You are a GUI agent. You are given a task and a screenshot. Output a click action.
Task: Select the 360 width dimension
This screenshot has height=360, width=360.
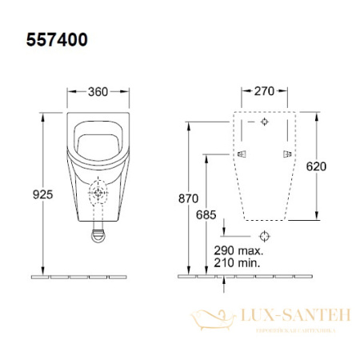click(x=98, y=90)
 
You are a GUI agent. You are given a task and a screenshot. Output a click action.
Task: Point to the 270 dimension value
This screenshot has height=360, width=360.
click(x=263, y=90)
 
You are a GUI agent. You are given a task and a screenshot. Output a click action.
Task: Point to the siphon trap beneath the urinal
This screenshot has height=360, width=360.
click(x=98, y=234)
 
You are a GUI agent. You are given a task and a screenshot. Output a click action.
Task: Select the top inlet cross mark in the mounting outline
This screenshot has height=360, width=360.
click(x=264, y=123)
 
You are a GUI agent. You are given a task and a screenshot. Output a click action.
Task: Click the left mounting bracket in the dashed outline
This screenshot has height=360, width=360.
click(x=240, y=153)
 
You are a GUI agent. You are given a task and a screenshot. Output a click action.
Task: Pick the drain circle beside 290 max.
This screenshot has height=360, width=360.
click(x=264, y=236)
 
